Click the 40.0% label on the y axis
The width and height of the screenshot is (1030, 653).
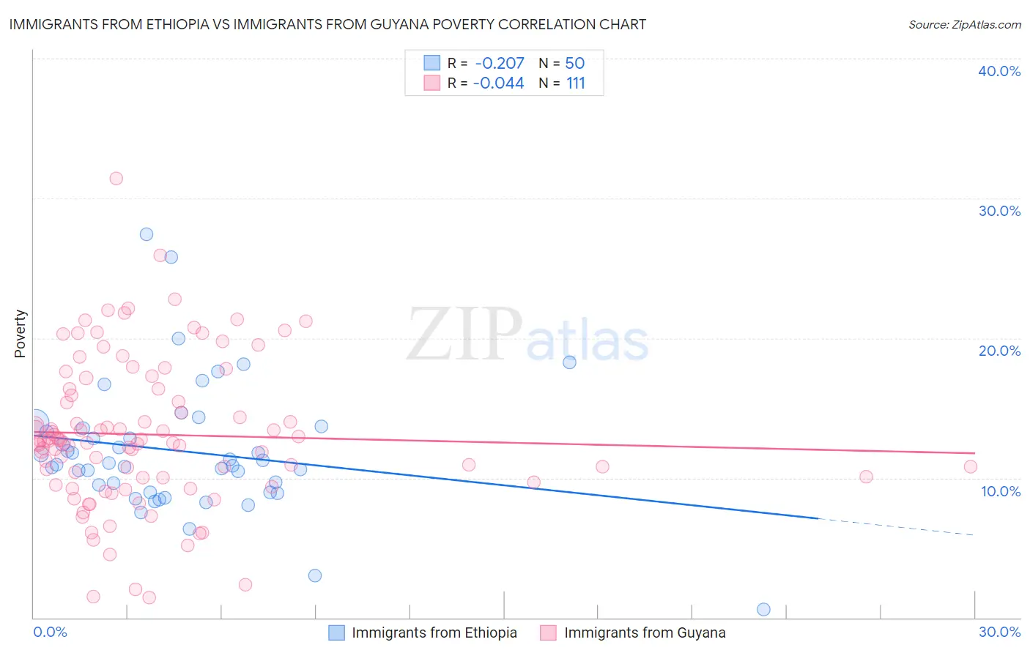(998, 71)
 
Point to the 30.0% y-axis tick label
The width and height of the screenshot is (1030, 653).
(998, 211)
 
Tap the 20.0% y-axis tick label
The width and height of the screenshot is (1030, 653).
(998, 351)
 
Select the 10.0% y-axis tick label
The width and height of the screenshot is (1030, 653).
(1000, 491)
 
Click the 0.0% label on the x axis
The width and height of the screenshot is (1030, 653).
(50, 632)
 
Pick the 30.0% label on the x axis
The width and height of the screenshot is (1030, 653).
(999, 632)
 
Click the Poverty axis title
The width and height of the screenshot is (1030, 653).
(20, 334)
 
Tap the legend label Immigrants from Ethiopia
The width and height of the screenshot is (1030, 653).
(434, 633)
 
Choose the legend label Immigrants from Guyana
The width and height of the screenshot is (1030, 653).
(645, 633)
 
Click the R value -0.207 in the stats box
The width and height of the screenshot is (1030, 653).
(499, 64)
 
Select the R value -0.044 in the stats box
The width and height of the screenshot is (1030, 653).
(499, 83)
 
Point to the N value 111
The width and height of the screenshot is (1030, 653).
(576, 83)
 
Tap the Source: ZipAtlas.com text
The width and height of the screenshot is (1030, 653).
(964, 25)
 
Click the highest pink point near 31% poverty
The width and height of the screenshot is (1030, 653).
(116, 179)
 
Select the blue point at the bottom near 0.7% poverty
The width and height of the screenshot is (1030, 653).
(763, 609)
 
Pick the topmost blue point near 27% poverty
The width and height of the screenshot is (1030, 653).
(147, 234)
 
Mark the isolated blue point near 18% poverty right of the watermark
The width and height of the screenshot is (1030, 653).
(569, 362)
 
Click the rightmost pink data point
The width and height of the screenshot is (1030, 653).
(971, 466)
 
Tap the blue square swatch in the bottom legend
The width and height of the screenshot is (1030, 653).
(336, 633)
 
